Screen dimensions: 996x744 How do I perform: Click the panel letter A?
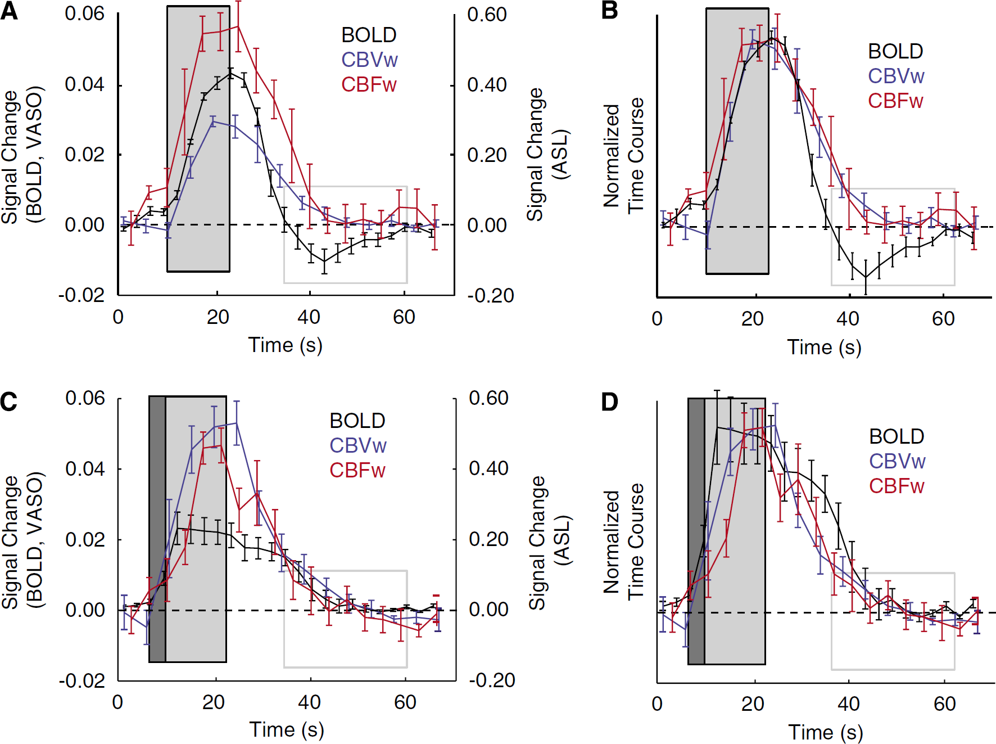click(10, 11)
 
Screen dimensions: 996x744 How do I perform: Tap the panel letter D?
click(610, 402)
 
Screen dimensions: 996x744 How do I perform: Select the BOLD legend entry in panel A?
click(369, 35)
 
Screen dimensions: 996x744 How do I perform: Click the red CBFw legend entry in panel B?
click(895, 101)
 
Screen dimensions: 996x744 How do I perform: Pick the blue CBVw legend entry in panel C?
click(357, 446)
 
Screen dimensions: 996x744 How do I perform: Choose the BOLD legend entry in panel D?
click(897, 436)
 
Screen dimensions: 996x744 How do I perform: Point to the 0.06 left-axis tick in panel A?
click(84, 14)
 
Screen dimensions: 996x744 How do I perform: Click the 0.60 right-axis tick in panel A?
click(487, 15)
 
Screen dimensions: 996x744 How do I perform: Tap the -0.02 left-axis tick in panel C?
click(82, 681)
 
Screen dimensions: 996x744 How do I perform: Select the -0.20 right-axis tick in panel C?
click(492, 680)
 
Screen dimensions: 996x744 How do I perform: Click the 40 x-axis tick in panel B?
click(848, 319)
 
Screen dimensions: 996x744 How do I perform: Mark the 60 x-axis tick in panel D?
click(944, 704)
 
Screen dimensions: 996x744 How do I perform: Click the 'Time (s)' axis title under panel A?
click(286, 345)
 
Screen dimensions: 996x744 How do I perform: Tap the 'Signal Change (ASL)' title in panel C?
click(549, 543)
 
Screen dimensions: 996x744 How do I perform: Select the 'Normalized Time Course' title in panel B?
click(623, 156)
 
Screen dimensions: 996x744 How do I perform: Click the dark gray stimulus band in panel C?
click(157, 529)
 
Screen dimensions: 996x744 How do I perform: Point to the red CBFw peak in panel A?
click(238, 26)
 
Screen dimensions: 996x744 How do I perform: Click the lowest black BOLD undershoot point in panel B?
click(866, 277)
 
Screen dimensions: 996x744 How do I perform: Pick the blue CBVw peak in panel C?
click(237, 423)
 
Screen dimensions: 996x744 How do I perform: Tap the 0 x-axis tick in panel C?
click(117, 702)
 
